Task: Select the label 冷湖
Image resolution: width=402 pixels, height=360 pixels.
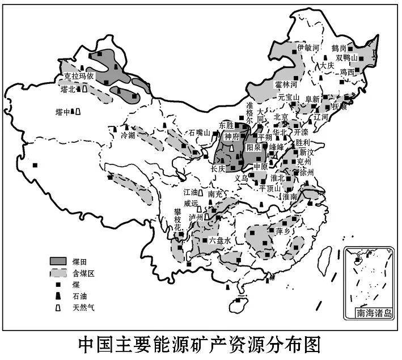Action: tap(129, 135)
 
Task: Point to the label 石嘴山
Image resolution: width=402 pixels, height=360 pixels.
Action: tap(200, 132)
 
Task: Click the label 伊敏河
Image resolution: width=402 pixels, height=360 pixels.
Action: tap(309, 48)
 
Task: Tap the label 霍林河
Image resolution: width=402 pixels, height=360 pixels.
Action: tap(286, 84)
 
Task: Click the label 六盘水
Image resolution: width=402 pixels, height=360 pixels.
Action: tap(220, 240)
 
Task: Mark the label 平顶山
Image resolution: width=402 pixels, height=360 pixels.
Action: tap(270, 188)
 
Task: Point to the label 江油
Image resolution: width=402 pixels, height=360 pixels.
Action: tap(192, 193)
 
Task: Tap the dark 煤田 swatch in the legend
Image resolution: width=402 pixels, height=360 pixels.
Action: tap(58, 260)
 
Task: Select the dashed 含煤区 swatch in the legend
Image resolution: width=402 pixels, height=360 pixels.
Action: tap(58, 273)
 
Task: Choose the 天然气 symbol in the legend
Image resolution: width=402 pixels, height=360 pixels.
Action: tap(58, 308)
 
